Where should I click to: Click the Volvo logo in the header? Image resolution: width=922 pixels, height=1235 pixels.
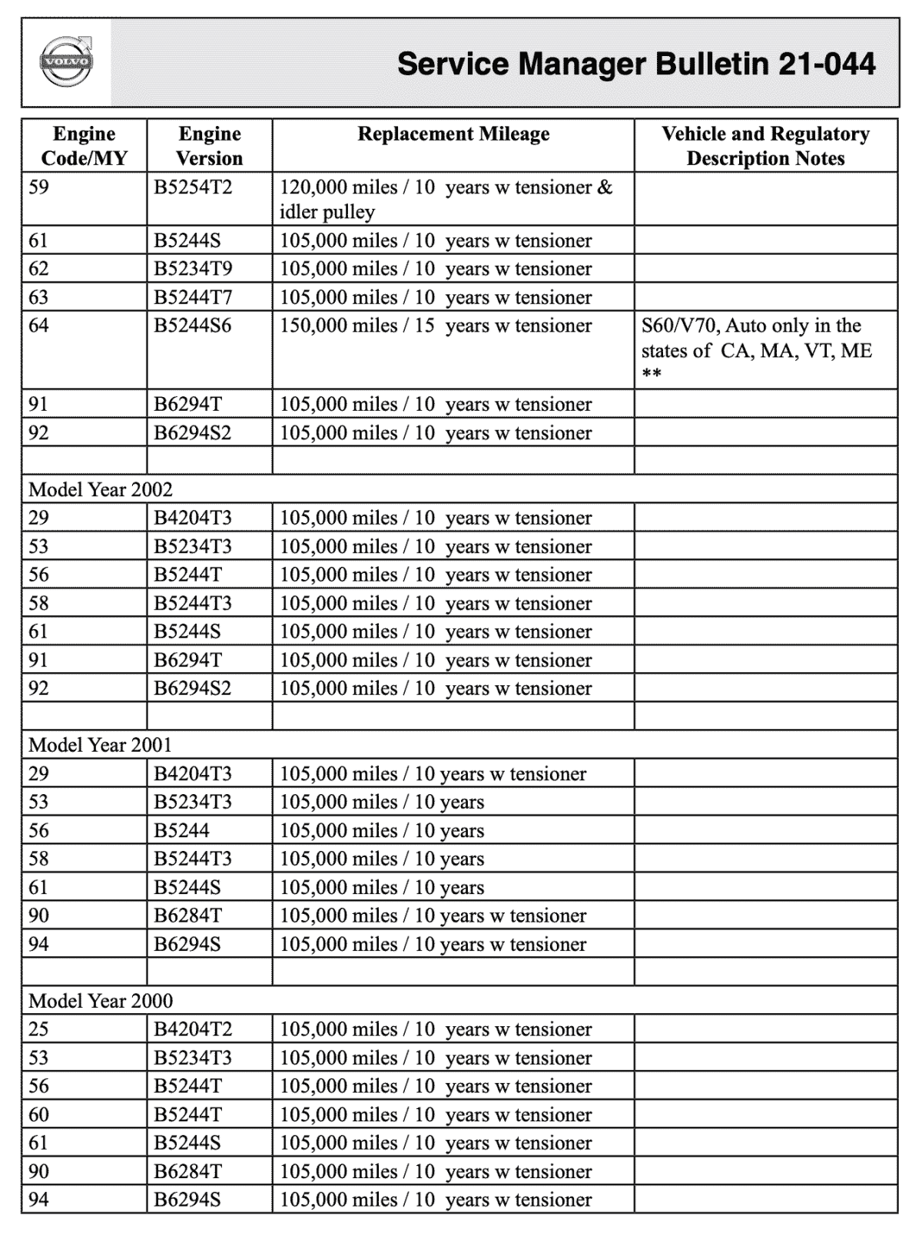pos(66,62)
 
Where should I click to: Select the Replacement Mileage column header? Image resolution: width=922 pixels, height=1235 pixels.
pos(453,134)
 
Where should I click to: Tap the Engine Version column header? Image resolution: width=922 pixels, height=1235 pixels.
pos(209,146)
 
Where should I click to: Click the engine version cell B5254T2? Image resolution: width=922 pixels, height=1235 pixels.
pos(193,187)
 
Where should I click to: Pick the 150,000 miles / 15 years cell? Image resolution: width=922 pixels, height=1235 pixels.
pos(436,326)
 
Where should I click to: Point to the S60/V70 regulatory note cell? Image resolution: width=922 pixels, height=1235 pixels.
pos(757,350)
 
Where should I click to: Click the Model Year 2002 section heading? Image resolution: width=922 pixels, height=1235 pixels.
pos(101,489)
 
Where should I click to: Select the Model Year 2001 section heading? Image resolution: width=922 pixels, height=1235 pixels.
pos(101,745)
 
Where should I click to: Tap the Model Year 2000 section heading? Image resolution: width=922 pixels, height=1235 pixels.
pos(101,1001)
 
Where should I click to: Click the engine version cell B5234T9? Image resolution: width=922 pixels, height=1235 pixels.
pos(193,269)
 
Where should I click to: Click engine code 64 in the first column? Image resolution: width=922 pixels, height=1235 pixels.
pos(38,326)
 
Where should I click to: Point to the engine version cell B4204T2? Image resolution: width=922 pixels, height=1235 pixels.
pos(193,1029)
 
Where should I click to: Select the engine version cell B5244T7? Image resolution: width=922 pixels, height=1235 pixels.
pos(193,297)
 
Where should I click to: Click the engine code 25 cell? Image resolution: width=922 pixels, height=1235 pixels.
pos(38,1029)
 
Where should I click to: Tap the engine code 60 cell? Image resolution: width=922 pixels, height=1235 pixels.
pos(38,1114)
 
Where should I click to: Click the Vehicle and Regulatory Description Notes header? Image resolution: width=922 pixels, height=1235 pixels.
pos(765,146)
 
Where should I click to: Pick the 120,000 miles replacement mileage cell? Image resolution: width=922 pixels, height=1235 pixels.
pos(446,199)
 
